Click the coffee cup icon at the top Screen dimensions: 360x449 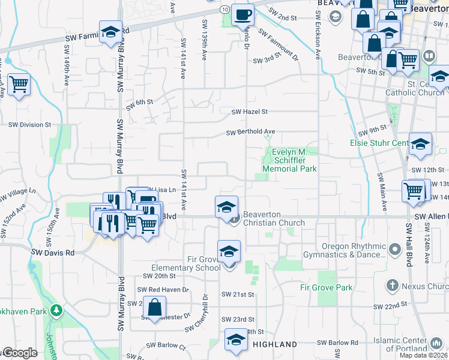pos(243,14)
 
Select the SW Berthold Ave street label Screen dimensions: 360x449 pos(250,132)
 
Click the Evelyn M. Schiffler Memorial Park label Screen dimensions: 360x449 pos(294,160)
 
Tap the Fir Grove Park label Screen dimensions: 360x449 pos(327,287)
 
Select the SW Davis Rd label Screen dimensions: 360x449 pos(53,253)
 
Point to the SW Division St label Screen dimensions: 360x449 pos(29,125)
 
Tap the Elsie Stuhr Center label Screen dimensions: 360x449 pos(379,143)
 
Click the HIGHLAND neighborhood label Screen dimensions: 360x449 pos(274,344)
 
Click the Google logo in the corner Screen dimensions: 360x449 pos(19,353)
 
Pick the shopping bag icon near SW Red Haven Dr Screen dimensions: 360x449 pos(155,307)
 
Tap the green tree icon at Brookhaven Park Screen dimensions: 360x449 pos(56,311)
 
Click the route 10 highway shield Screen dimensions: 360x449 pos(223,10)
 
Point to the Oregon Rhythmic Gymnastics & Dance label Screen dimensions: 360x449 pos(345,250)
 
